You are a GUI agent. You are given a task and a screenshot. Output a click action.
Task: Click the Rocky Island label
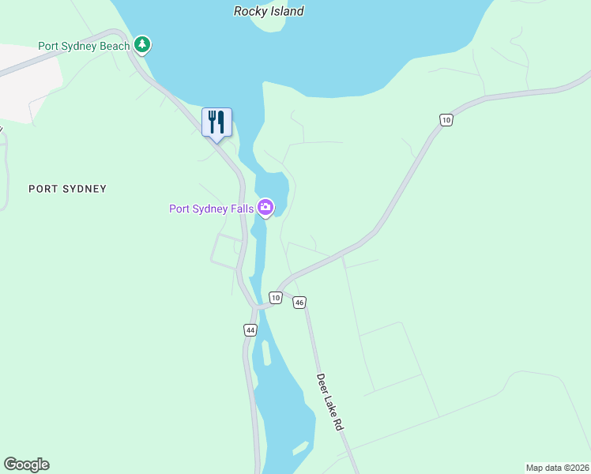point(269,11)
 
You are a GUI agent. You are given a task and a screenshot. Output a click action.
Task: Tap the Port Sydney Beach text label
point(84,46)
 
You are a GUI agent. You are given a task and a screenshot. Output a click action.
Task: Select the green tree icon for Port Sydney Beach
point(141,44)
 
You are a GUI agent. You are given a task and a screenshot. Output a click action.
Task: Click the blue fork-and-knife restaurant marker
point(216,122)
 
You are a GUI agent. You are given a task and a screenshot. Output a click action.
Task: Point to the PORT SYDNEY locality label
point(67,189)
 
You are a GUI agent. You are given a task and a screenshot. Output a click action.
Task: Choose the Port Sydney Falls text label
point(212,209)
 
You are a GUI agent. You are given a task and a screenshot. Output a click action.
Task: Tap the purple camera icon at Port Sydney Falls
point(265,208)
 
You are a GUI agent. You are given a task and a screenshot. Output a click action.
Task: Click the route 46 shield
point(299,303)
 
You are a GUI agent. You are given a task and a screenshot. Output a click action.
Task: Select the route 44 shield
point(250,330)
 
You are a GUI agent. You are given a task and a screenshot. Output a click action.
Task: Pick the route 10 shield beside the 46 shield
point(274,297)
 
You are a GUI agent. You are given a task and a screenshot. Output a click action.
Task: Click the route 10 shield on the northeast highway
point(446,119)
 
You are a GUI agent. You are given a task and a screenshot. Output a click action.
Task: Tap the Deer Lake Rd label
point(333,402)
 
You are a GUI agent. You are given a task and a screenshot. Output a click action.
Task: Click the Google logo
point(26,465)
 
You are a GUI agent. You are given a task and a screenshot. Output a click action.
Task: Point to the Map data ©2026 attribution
point(558,468)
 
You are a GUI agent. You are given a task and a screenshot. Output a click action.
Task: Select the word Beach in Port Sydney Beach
point(115,46)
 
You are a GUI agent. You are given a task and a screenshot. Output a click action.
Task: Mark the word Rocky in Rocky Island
point(250,11)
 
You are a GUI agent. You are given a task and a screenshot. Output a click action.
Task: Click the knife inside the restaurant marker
point(221,122)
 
